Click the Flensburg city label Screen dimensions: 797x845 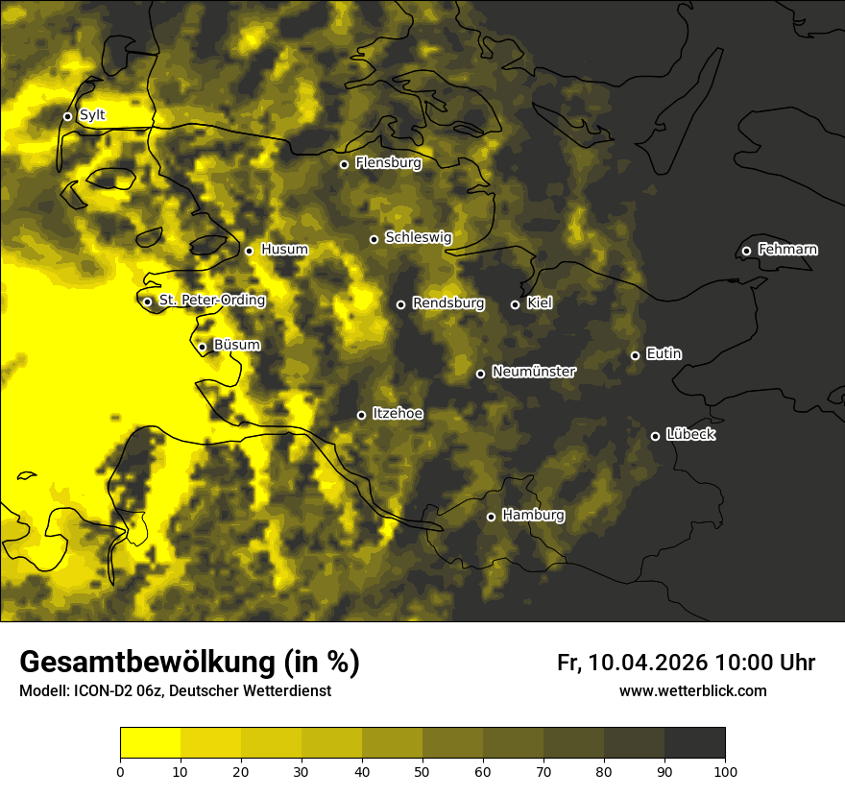(x=388, y=163)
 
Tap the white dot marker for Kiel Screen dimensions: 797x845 (x=515, y=304)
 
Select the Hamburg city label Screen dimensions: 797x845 (x=533, y=516)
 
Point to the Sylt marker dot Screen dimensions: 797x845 (x=67, y=116)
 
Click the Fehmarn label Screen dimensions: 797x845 (x=787, y=250)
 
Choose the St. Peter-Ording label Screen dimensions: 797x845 (x=211, y=301)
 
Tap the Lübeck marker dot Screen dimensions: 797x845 (x=655, y=436)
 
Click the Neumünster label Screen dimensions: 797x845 (x=534, y=372)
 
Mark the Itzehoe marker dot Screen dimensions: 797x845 (x=361, y=415)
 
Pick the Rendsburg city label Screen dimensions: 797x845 (x=448, y=303)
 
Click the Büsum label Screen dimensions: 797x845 (x=236, y=345)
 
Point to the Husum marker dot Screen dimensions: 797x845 (x=249, y=251)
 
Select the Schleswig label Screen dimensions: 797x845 (x=418, y=237)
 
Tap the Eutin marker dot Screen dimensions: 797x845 (x=635, y=355)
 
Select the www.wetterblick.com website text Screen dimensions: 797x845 (x=692, y=691)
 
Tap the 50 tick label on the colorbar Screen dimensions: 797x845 (x=422, y=772)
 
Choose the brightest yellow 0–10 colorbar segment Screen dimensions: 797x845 (x=150, y=742)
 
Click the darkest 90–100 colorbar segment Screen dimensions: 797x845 (x=694, y=742)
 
